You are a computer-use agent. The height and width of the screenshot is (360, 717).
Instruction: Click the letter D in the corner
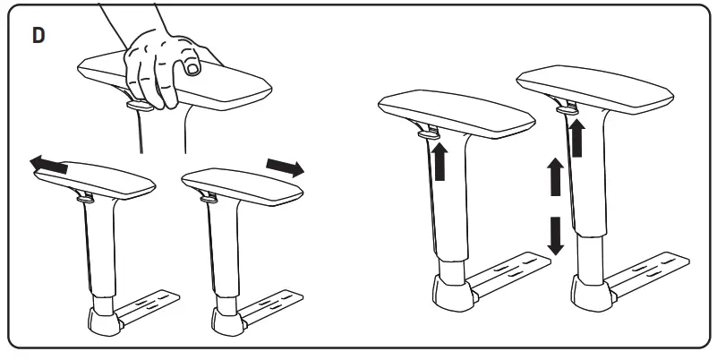(39, 38)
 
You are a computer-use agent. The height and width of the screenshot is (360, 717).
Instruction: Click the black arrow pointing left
(49, 163)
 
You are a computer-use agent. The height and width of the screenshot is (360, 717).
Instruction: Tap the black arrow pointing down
(556, 235)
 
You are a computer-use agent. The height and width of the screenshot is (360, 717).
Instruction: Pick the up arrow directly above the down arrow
(556, 178)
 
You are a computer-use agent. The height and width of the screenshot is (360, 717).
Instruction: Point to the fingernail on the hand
(191, 68)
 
